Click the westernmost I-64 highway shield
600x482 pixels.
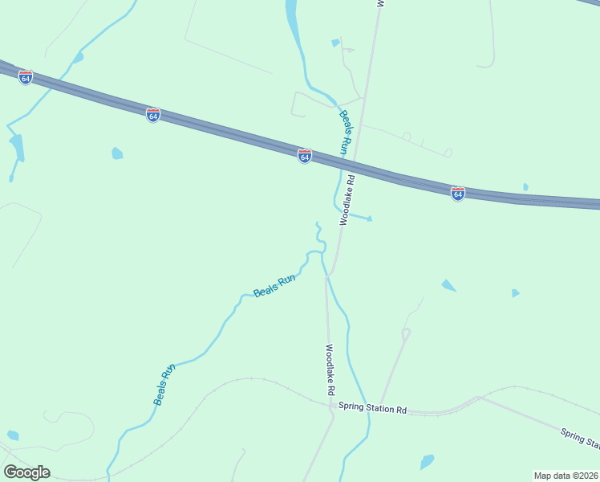pyautogui.click(x=26, y=78)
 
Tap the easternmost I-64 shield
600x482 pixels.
pyautogui.click(x=457, y=194)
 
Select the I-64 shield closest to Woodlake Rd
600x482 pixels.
pyautogui.click(x=304, y=156)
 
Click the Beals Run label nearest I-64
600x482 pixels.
pyautogui.click(x=344, y=133)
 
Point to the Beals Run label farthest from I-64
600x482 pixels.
pyautogui.click(x=164, y=385)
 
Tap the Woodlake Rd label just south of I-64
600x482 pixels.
pyautogui.click(x=347, y=202)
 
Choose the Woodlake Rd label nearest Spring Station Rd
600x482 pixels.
pyautogui.click(x=329, y=370)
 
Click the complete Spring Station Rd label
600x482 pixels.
pyautogui.click(x=372, y=409)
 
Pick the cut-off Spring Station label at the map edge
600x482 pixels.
pyautogui.click(x=579, y=439)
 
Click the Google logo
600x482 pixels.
pyautogui.click(x=26, y=472)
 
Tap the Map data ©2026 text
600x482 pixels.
pyautogui.click(x=566, y=476)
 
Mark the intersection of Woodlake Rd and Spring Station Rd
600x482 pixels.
pyautogui.click(x=333, y=406)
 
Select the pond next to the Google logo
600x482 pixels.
pyautogui.click(x=12, y=435)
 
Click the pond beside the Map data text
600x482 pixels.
pyautogui.click(x=427, y=462)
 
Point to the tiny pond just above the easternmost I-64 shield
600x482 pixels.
pyautogui.click(x=525, y=187)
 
